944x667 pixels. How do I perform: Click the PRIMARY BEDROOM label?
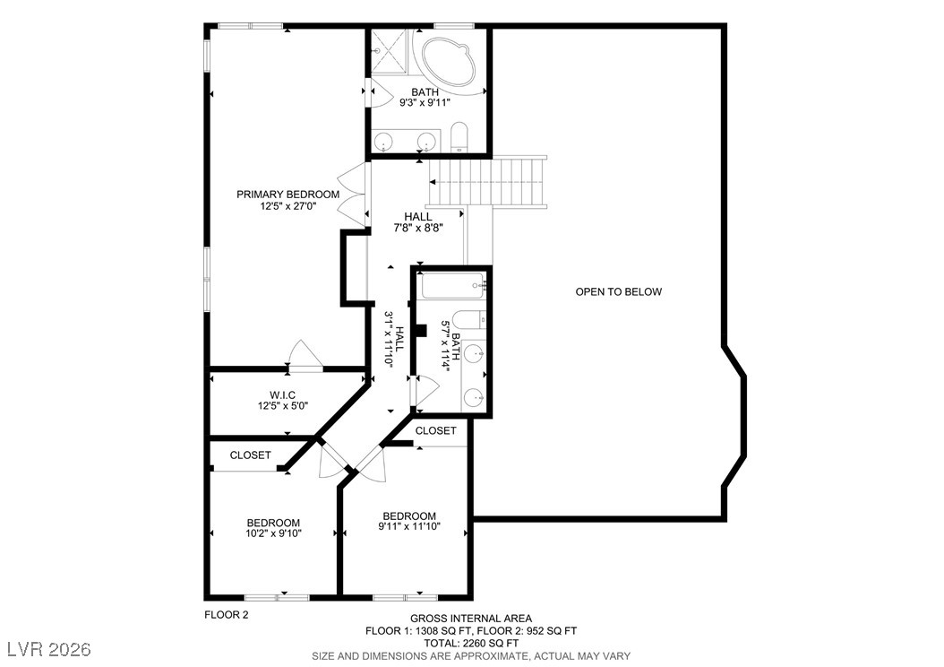pyautogui.click(x=287, y=194)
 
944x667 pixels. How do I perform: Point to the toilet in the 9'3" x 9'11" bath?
pyautogui.click(x=459, y=137)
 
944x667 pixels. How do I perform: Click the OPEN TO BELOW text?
pyautogui.click(x=618, y=291)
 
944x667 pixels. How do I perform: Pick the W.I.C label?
pyautogui.click(x=282, y=395)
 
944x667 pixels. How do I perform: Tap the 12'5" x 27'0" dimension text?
pyautogui.click(x=287, y=206)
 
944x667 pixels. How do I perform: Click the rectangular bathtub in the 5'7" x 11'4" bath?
pyautogui.click(x=452, y=285)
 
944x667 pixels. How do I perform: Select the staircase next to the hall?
pyautogui.click(x=487, y=182)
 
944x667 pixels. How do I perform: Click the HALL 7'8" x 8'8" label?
pyautogui.click(x=418, y=221)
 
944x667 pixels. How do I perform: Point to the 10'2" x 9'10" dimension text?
pyautogui.click(x=273, y=533)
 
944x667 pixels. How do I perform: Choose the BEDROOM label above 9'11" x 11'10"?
pyautogui.click(x=409, y=515)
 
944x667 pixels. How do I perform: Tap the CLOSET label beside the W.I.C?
pyautogui.click(x=251, y=455)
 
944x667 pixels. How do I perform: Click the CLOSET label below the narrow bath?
pyautogui.click(x=436, y=431)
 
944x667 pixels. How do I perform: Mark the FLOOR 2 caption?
pyautogui.click(x=227, y=615)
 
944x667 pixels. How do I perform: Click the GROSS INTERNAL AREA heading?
pyautogui.click(x=471, y=619)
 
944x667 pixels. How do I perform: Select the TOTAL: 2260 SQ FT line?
pyautogui.click(x=471, y=643)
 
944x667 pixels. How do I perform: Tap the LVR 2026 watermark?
pyautogui.click(x=49, y=649)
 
